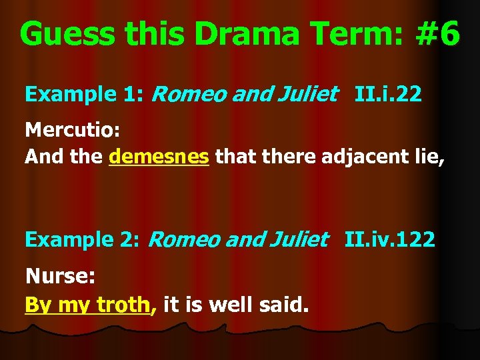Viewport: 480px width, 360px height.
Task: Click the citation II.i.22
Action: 389,95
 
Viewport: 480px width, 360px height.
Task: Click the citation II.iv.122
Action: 390,239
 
